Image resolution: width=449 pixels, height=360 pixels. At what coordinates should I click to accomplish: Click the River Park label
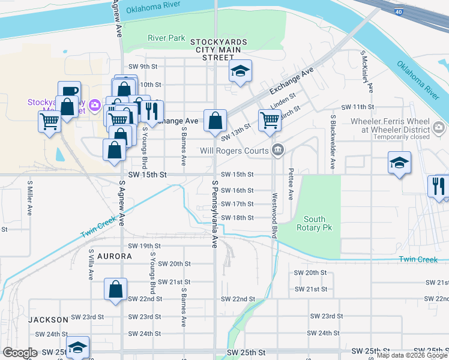167,38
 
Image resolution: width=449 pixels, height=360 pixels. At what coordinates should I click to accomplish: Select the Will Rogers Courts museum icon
277,149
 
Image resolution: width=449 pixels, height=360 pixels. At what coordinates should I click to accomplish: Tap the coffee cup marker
69,91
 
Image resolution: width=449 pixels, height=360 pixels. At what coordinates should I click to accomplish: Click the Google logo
20,353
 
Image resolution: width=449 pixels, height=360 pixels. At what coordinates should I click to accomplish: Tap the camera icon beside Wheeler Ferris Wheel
439,127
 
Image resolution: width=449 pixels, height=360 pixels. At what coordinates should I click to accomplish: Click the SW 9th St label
142,67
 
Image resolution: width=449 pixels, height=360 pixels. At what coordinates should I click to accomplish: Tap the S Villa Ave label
91,265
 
